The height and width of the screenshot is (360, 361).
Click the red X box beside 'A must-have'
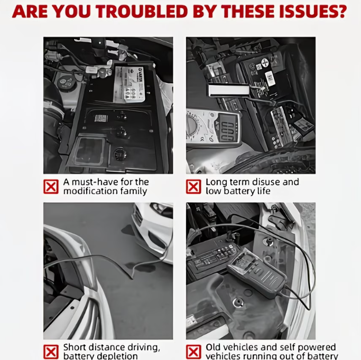point(51,186)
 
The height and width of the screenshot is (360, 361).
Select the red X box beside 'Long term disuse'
point(194,186)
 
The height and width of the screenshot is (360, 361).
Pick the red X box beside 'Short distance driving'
point(51,352)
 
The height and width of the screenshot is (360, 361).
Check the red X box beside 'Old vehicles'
point(194,352)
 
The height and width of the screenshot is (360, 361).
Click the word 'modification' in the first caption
point(89,191)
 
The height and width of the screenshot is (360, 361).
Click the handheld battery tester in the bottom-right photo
point(257,272)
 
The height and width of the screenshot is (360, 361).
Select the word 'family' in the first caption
point(132,191)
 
